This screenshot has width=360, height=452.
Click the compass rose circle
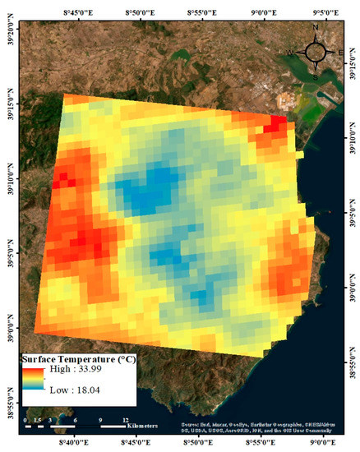pyautogui.click(x=315, y=52)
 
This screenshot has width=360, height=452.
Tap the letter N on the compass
pyautogui.click(x=315, y=28)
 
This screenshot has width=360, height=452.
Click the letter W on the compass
pyautogui.click(x=290, y=53)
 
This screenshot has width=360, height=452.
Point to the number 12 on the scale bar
pyautogui.click(x=126, y=418)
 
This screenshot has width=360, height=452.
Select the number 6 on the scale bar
pyautogui.click(x=76, y=418)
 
